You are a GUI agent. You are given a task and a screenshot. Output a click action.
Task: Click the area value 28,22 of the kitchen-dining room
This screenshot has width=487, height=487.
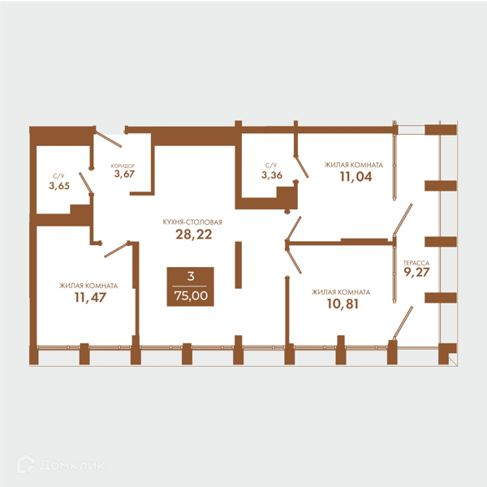pos(194,235)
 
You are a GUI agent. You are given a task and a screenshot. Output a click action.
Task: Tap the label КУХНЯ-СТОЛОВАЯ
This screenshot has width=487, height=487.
pos(192,222)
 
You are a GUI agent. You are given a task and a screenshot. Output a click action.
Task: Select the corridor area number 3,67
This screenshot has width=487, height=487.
pos(124,174)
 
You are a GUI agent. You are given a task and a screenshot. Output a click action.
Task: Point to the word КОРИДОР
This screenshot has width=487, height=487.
pos(123,166)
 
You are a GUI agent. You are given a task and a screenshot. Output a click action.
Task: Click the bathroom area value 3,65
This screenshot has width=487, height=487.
pos(59,186)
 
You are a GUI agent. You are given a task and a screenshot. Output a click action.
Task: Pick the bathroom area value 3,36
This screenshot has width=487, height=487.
pos(272,175)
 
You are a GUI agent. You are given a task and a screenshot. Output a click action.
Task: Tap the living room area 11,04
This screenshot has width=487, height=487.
pos(356,177)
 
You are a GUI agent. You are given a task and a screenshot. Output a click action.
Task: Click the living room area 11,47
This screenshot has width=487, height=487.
pos(90,298)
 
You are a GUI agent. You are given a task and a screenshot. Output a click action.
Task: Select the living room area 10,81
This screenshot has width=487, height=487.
pos(343,304)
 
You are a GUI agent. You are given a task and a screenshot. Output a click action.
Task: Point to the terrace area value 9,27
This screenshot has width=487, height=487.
pos(416,272)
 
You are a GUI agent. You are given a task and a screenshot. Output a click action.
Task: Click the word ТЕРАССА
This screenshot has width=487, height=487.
pos(416,263)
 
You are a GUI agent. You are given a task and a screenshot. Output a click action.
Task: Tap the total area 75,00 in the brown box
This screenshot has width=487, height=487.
pos(191,295)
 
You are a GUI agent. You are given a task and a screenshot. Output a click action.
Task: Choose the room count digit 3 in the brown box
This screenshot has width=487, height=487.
pos(191,276)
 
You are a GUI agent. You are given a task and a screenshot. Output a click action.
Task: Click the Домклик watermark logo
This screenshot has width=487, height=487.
pos(61,465)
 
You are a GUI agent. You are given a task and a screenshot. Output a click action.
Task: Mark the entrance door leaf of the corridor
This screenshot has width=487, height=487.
pos(108,139)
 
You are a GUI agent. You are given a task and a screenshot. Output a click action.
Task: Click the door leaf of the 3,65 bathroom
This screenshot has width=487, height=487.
pos(86,183)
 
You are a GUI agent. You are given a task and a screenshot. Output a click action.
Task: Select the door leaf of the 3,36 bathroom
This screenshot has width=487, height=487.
pos(301,167)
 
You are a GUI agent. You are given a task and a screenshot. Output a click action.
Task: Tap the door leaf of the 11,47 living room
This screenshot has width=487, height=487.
pos(116,249)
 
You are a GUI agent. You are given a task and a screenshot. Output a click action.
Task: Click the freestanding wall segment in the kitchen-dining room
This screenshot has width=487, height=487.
pos(238,265)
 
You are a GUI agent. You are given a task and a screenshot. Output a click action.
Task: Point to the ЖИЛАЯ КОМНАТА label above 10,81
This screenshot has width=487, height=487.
pos(341,292)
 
